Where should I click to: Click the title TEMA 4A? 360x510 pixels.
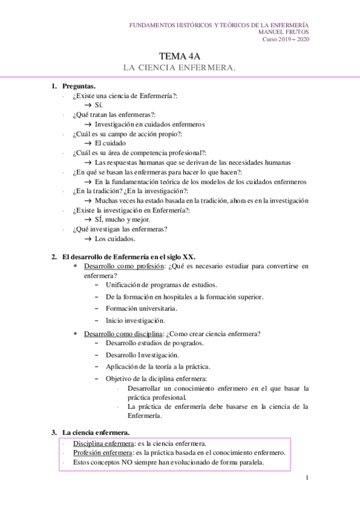pyautogui.click(x=179, y=55)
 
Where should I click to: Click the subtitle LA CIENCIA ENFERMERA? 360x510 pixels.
pyautogui.click(x=179, y=67)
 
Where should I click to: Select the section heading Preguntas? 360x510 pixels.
pyautogui.click(x=78, y=86)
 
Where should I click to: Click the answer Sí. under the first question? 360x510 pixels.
pyautogui.click(x=99, y=105)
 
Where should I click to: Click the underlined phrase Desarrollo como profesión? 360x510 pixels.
pyautogui.click(x=124, y=265)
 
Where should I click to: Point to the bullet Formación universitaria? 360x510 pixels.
pyautogui.click(x=141, y=308)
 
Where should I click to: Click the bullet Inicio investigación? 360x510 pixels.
pyautogui.click(x=135, y=321)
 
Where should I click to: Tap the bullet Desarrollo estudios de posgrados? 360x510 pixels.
pyautogui.click(x=154, y=343)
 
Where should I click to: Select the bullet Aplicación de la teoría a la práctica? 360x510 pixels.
pyautogui.click(x=158, y=366)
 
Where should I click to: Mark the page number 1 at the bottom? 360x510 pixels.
pyautogui.click(x=307, y=478)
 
